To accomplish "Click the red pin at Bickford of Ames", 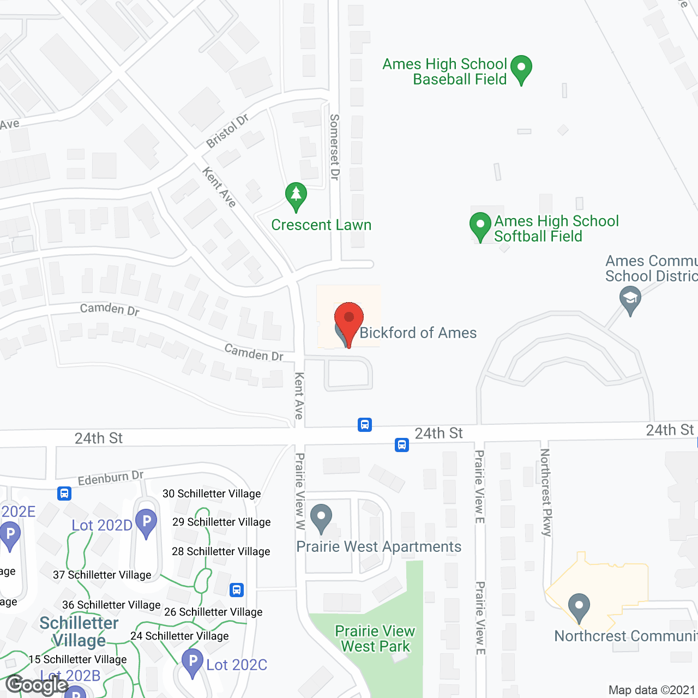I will (349, 319).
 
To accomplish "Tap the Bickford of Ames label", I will (418, 333).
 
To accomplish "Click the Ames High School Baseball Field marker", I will (521, 69).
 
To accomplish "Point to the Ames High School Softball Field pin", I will (480, 225).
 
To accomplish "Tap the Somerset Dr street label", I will (334, 147).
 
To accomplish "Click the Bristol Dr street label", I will (227, 131).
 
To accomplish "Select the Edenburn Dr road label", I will (111, 478).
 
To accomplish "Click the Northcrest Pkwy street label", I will (545, 492).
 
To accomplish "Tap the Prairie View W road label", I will (300, 491).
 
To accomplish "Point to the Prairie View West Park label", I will (375, 639).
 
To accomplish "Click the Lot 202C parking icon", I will (192, 662).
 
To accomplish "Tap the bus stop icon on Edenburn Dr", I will (64, 494).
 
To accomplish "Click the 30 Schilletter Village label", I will (212, 494).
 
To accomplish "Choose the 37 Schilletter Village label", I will (102, 575).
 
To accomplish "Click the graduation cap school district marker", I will (630, 299).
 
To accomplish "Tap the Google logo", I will (37, 684).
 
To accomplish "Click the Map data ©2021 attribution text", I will (652, 690).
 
